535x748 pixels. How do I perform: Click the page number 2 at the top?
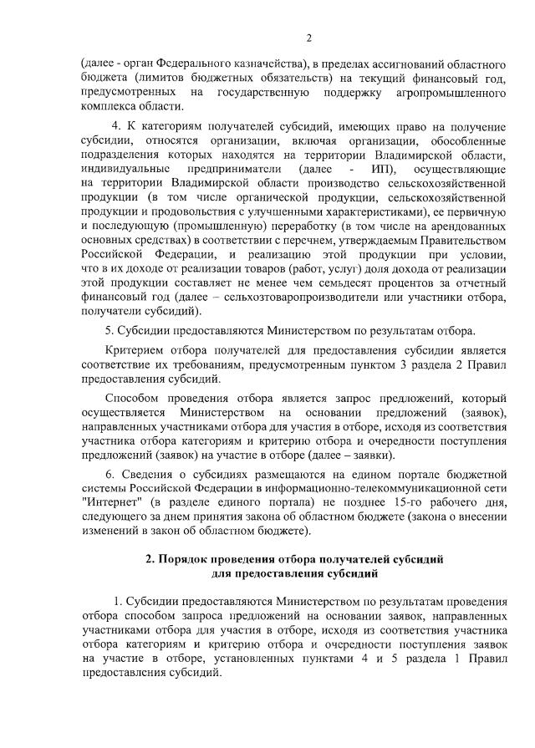308,38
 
